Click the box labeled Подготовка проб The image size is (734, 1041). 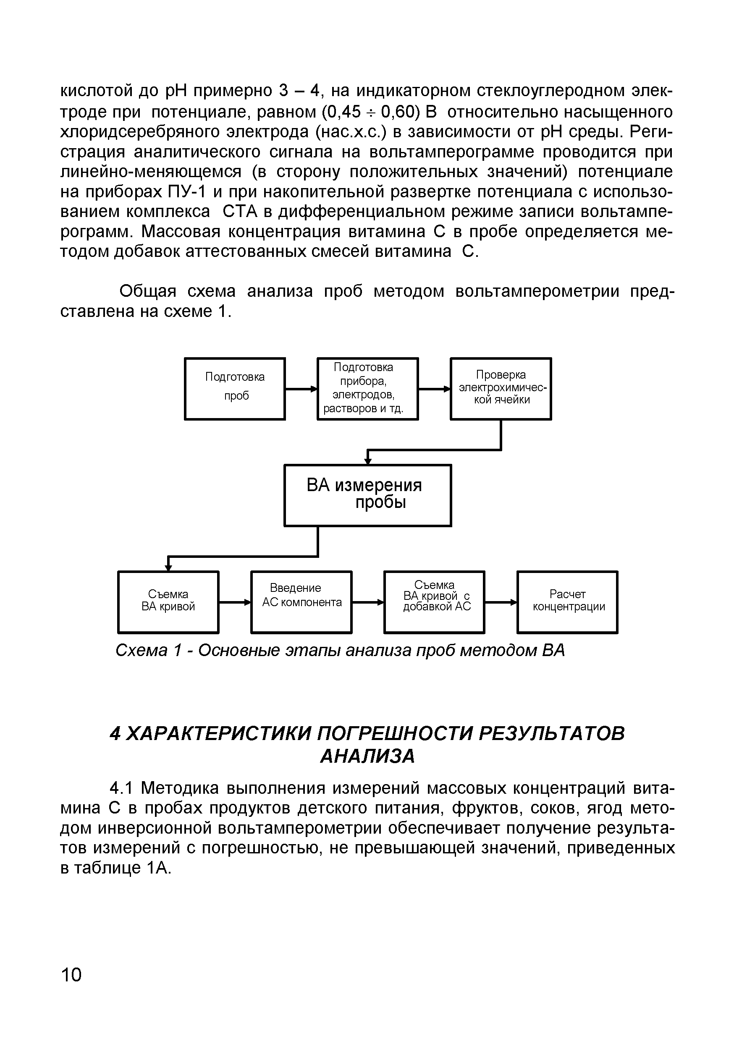235,389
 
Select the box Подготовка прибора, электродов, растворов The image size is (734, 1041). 367,389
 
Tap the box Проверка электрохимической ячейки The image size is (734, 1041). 501,389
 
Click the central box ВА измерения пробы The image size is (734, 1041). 367,495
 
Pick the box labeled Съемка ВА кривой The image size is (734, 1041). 168,602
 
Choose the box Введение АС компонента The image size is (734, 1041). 301,602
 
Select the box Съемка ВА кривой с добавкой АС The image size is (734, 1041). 434,602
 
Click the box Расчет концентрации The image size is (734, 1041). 568,602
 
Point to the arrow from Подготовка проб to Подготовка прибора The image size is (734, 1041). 301,389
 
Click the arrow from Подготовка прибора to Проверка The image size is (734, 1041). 434,389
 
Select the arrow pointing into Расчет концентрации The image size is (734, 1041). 501,602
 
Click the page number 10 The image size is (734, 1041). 71,974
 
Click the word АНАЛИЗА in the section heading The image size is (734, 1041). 367,756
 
